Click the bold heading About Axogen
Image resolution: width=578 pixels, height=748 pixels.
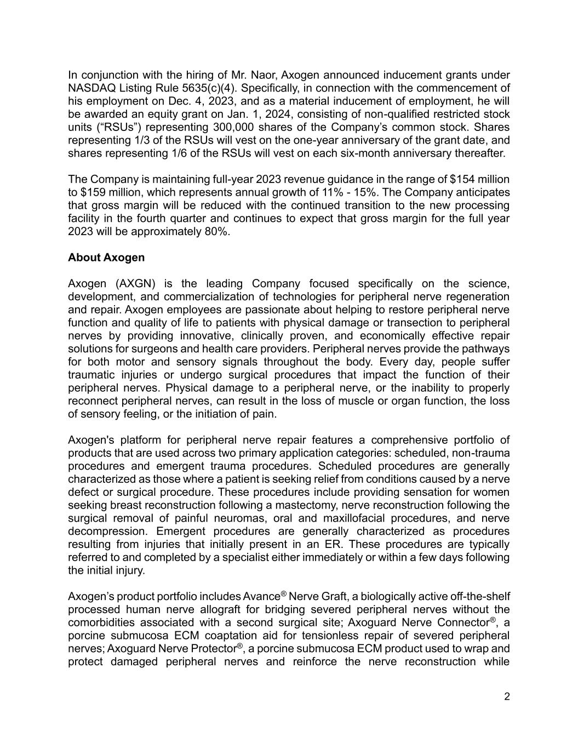[x=106, y=258]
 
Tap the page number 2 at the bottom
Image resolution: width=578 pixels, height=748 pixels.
[x=507, y=697]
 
